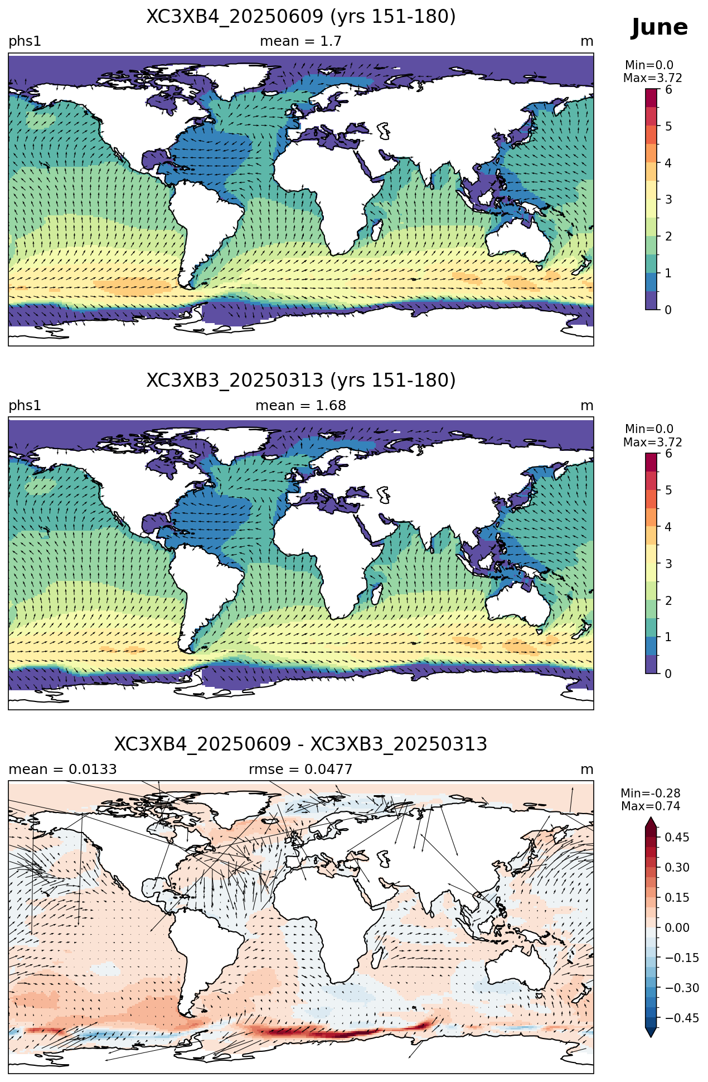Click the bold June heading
point(659,27)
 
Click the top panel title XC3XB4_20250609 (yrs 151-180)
point(301,17)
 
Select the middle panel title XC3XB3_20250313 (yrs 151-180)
point(301,381)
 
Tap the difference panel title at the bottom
point(301,744)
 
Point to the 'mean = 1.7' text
point(301,41)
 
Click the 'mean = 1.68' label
point(301,406)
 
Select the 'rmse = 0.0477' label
point(301,770)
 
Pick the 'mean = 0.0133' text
point(62,770)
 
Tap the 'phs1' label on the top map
point(25,42)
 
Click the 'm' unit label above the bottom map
point(587,770)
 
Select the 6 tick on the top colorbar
point(668,90)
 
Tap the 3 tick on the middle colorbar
point(668,564)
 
